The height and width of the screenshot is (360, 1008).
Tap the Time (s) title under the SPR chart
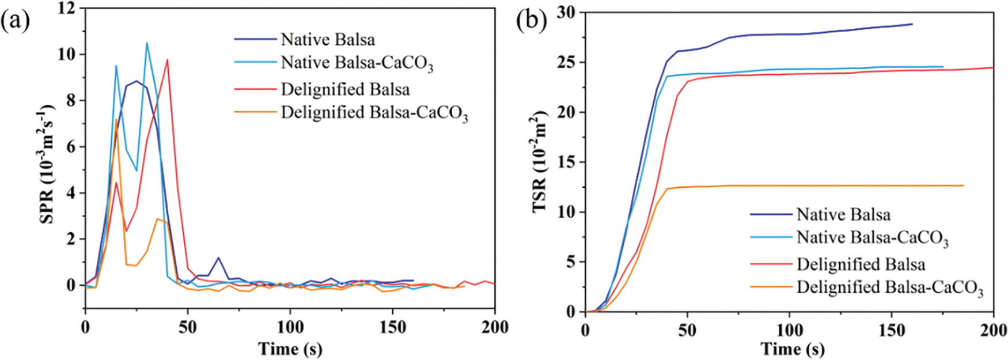pos(290,348)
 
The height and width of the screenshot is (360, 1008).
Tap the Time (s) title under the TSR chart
pos(792,348)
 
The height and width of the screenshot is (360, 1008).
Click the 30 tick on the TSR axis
pos(569,12)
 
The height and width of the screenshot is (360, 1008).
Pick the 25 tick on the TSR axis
pos(569,62)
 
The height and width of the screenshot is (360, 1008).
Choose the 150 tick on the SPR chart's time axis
pos(392,328)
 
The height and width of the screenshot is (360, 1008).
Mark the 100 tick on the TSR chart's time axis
pos(790,331)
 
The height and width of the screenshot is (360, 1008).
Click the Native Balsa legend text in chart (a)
pos(328,39)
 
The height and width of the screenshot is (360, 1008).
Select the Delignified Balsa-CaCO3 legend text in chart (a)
pos(374,113)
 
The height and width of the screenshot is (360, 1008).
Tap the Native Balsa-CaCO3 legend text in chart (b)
pos(872,238)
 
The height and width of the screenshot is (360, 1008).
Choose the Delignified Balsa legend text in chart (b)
pos(861,264)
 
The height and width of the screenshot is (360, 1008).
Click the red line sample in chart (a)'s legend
pos(255,89)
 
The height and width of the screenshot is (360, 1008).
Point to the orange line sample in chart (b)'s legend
pos(771,287)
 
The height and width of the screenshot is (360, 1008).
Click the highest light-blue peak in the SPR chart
pos(147,43)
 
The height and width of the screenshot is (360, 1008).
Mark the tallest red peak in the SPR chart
pos(167,59)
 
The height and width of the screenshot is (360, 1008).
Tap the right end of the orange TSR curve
pos(963,185)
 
